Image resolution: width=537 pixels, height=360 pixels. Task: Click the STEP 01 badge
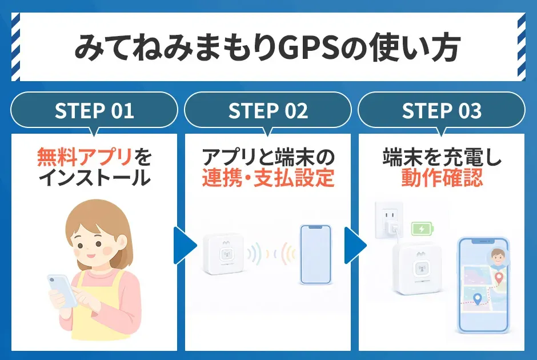[94, 111]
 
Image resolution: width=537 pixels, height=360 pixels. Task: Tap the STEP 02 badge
[268, 111]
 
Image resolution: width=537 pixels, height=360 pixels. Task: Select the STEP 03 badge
[442, 111]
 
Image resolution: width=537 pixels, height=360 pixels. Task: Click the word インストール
[94, 178]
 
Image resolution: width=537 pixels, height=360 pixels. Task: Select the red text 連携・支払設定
[268, 178]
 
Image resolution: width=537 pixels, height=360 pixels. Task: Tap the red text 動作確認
[442, 178]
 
